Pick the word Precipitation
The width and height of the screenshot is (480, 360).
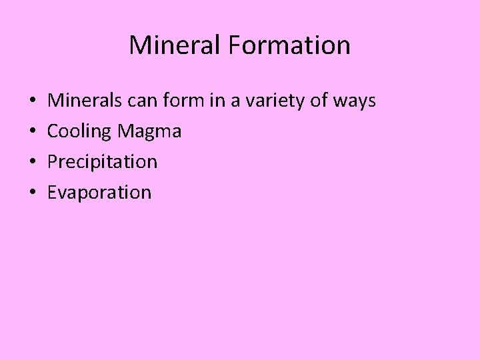102,162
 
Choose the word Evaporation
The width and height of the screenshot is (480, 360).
99,193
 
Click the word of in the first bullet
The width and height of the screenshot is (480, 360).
321,101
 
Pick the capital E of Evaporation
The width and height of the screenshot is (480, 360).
53,193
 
